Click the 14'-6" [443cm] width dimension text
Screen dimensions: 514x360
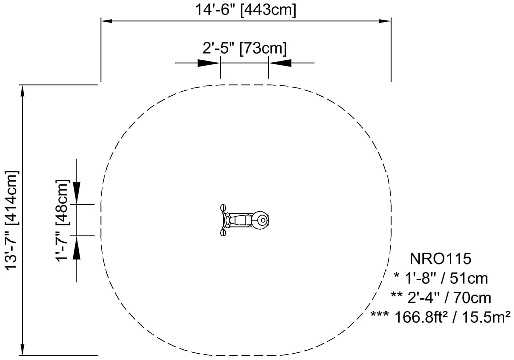[x=245, y=9]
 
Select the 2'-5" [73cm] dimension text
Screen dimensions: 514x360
[x=244, y=48]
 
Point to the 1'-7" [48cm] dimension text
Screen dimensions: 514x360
[x=62, y=220]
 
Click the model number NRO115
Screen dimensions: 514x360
[x=440, y=259]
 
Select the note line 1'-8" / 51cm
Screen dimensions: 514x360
[x=441, y=278]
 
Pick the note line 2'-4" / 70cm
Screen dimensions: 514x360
[x=441, y=298]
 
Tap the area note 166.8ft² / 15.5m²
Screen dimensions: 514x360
[x=441, y=317]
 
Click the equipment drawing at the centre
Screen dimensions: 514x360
[x=244, y=220]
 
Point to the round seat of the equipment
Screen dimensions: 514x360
[x=261, y=220]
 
